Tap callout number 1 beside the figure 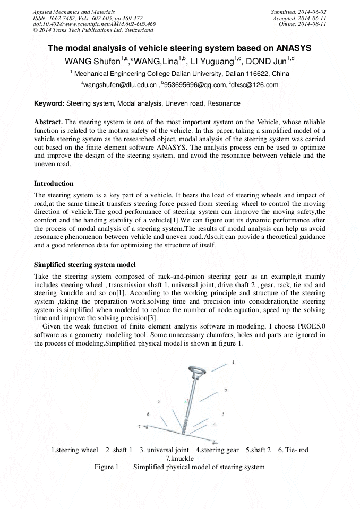[x=233, y=361]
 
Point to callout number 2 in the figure [x=225, y=391]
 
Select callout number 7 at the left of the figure [x=139, y=427]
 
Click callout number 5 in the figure [x=158, y=401]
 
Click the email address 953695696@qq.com [x=193, y=85]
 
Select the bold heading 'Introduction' [x=54, y=184]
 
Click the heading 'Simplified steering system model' [x=84, y=264]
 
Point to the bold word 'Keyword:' [x=49, y=103]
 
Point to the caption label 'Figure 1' [x=106, y=467]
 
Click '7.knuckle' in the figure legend [x=179, y=459]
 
